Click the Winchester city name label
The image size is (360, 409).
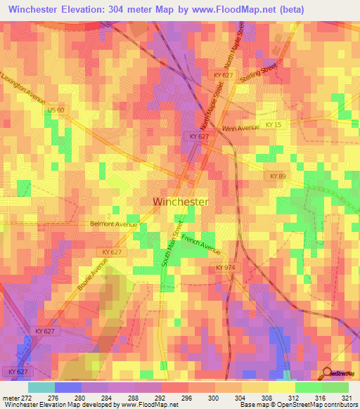tap(181, 202)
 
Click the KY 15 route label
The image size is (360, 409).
tap(274, 124)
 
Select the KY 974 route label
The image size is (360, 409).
tap(225, 268)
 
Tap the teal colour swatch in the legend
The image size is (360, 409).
tap(41, 387)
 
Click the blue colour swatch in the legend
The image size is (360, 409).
tap(68, 387)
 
